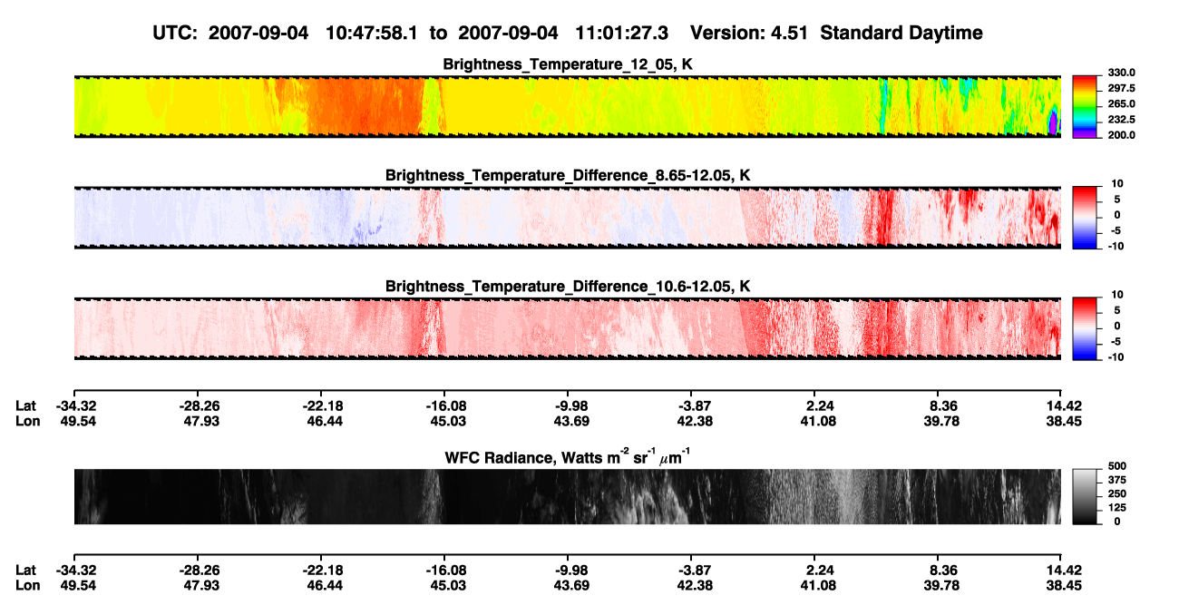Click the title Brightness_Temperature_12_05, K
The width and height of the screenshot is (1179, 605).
568,64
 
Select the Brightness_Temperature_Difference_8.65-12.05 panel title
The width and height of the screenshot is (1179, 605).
568,175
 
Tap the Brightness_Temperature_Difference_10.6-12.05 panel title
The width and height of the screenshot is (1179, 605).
568,287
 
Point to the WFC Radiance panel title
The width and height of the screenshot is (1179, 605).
568,456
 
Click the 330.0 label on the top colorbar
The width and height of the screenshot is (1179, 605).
1121,73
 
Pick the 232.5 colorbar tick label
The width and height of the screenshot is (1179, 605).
1121,120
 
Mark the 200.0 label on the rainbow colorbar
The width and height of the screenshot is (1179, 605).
1121,135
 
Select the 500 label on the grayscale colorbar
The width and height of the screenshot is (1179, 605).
1117,466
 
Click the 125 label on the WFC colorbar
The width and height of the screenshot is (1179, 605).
1117,508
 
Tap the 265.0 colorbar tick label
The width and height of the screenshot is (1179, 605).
1121,103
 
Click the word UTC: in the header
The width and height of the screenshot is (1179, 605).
175,34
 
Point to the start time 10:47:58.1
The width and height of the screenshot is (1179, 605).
372,34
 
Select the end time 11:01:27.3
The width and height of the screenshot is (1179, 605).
621,34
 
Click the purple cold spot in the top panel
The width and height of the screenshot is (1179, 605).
1053,122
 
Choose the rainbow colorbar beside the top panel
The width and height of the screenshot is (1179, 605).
1085,107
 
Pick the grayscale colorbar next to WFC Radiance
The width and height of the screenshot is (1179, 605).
1085,496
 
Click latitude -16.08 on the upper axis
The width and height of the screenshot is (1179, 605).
444,406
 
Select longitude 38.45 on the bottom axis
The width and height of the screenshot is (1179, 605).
1063,586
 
